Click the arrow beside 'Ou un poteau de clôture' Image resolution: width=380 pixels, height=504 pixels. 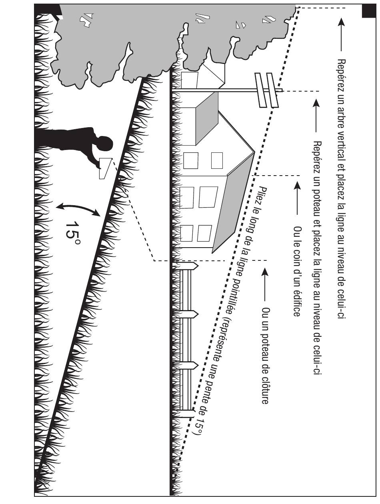coord(265,284)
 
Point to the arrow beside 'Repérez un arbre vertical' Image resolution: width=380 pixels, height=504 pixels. coord(341,34)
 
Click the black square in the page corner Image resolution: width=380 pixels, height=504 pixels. coord(369,11)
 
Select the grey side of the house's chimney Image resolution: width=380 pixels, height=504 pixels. coord(207,118)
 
